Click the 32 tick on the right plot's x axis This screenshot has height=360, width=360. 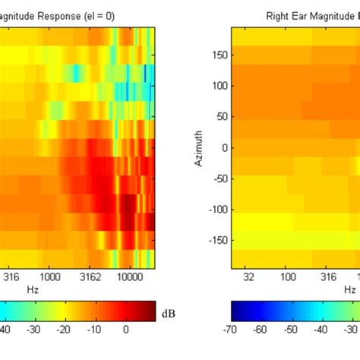click(248, 278)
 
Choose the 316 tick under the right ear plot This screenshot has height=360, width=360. click(329, 278)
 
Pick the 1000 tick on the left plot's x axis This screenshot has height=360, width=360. click(51, 278)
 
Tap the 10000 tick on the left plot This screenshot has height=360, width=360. click(130, 278)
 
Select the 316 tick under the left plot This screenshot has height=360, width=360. click(12, 278)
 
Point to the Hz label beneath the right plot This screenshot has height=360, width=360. click(349, 290)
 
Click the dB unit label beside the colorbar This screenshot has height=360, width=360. click(169, 312)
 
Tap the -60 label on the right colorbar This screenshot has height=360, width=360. click(260, 330)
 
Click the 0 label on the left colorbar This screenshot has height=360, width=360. click(126, 330)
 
